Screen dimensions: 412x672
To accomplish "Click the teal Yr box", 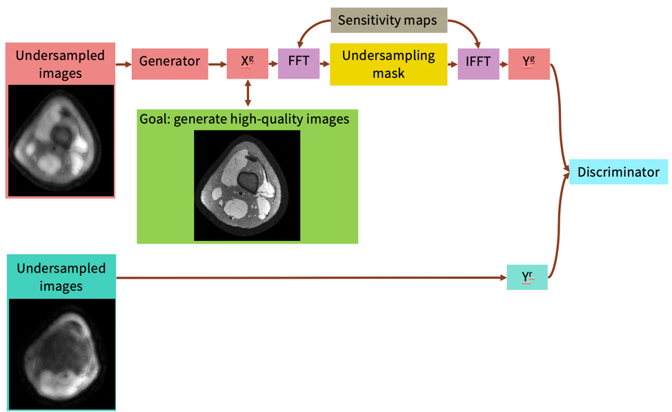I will coord(527,277).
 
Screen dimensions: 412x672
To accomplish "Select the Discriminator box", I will coord(618,172).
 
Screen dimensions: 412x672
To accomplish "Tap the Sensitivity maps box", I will coord(388,20).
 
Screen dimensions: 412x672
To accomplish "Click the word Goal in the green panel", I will coord(154,119).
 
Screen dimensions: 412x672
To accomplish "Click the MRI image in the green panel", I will coord(247,185).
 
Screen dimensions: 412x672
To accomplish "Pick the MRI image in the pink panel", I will coord(61,141).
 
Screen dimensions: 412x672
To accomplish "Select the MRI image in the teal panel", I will coord(62,353).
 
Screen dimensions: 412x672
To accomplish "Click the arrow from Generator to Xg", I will coord(217,64).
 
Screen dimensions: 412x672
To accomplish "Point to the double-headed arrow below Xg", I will coord(248,92).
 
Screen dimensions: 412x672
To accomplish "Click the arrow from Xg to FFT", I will coord(273,64).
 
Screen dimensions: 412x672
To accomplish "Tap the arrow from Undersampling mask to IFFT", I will coord(453,64).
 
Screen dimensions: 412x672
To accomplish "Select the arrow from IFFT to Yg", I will coord(504,64).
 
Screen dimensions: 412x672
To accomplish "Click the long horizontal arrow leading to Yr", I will coord(310,278).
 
